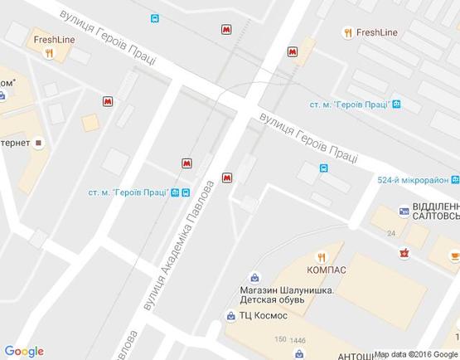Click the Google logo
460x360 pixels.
tap(23, 352)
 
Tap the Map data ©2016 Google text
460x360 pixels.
tap(414, 354)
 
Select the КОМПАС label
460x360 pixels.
tap(326, 270)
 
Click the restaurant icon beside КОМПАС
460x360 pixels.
tap(325, 256)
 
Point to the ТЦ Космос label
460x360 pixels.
tap(263, 315)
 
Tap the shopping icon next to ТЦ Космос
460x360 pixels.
tap(230, 315)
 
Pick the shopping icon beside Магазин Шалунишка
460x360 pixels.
tap(254, 276)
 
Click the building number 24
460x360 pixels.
tap(390, 234)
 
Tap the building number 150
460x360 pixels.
tap(280, 339)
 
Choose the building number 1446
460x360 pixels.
tap(298, 340)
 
